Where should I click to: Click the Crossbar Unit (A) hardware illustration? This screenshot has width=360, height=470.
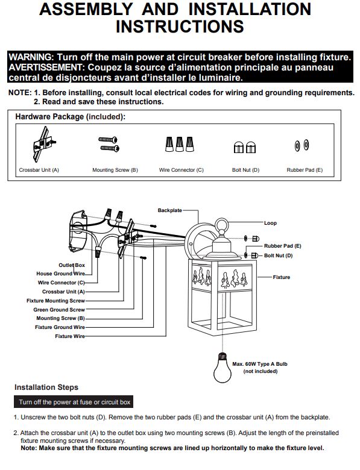point(44,144)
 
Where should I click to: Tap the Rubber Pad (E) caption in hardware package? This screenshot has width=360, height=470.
point(305,170)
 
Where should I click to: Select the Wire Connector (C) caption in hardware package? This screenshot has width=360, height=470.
point(181,170)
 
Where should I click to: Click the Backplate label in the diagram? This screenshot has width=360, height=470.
point(170,210)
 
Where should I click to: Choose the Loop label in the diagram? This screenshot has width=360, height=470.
point(270,223)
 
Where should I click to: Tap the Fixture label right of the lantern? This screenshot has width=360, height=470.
point(282,277)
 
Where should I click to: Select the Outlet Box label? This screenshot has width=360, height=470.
point(72,265)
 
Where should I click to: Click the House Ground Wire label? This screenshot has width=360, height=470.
point(60,274)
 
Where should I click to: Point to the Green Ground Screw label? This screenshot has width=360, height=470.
point(59,310)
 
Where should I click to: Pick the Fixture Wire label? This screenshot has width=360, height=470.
point(70,336)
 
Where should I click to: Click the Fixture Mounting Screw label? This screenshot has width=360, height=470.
point(56,301)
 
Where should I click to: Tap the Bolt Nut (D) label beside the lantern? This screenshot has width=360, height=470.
point(278,255)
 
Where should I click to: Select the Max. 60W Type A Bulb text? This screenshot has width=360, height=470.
point(260,364)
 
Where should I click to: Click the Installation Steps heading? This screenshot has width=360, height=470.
point(46,387)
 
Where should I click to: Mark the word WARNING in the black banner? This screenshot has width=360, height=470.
point(31,57)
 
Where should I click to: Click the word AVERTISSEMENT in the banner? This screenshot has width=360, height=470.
point(45,67)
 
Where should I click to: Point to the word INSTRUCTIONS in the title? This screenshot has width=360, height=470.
point(180,27)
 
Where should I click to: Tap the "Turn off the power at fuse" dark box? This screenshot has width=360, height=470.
point(74,402)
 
